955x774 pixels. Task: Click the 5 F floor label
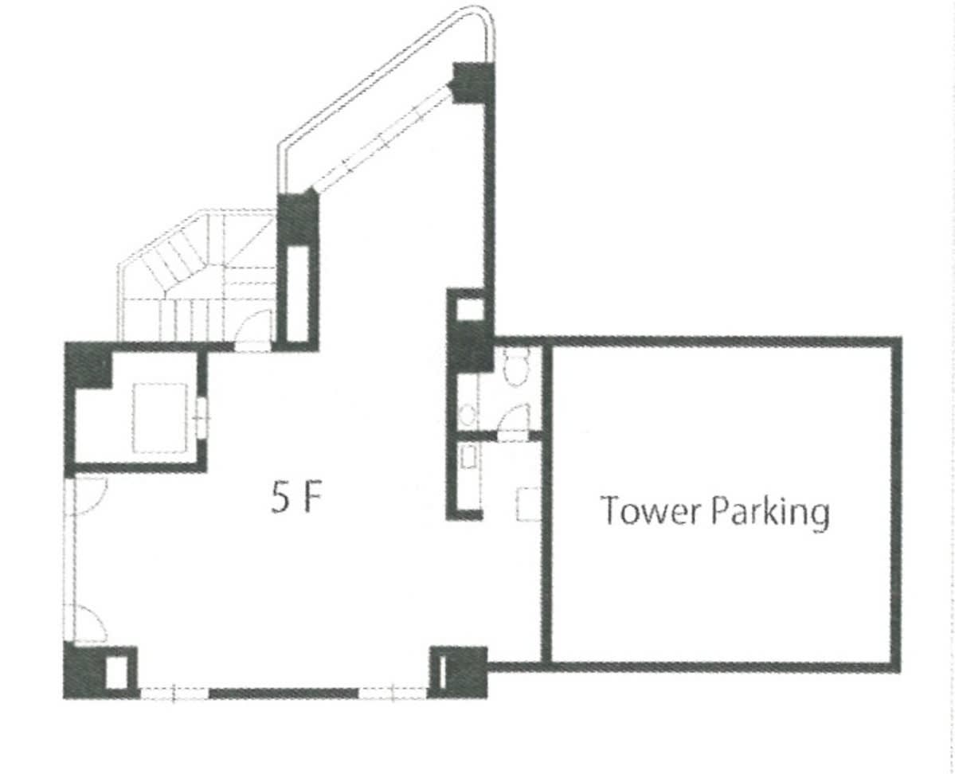(296, 500)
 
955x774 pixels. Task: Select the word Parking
(771, 514)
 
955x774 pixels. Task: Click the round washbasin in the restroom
(468, 416)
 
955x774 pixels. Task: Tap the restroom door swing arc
(515, 416)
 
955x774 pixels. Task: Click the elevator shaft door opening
(202, 417)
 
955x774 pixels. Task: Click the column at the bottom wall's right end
(459, 672)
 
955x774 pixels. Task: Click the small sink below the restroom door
(468, 457)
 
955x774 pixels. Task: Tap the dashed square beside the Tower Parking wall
(528, 504)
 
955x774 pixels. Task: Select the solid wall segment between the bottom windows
(284, 693)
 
